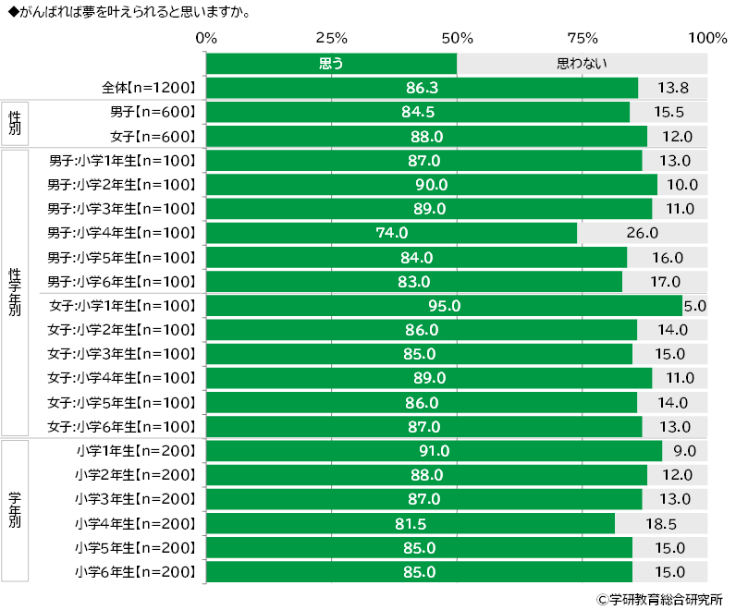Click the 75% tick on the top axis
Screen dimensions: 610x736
(x=583, y=39)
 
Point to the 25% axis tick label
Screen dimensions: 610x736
(x=332, y=39)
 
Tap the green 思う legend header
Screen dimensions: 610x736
(x=331, y=64)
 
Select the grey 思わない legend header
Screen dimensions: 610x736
(x=583, y=64)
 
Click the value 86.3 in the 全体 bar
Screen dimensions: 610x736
(x=422, y=88)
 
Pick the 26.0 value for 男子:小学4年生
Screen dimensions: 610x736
(x=642, y=233)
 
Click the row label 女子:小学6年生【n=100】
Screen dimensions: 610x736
(x=123, y=426)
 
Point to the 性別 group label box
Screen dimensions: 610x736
(x=15, y=124)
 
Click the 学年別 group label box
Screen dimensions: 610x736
(x=15, y=510)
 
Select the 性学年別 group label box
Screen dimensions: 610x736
(x=15, y=292)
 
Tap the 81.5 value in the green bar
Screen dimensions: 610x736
(x=410, y=523)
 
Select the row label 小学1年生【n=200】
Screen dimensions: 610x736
(x=137, y=451)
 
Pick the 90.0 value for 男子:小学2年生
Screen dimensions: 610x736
(x=431, y=185)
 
